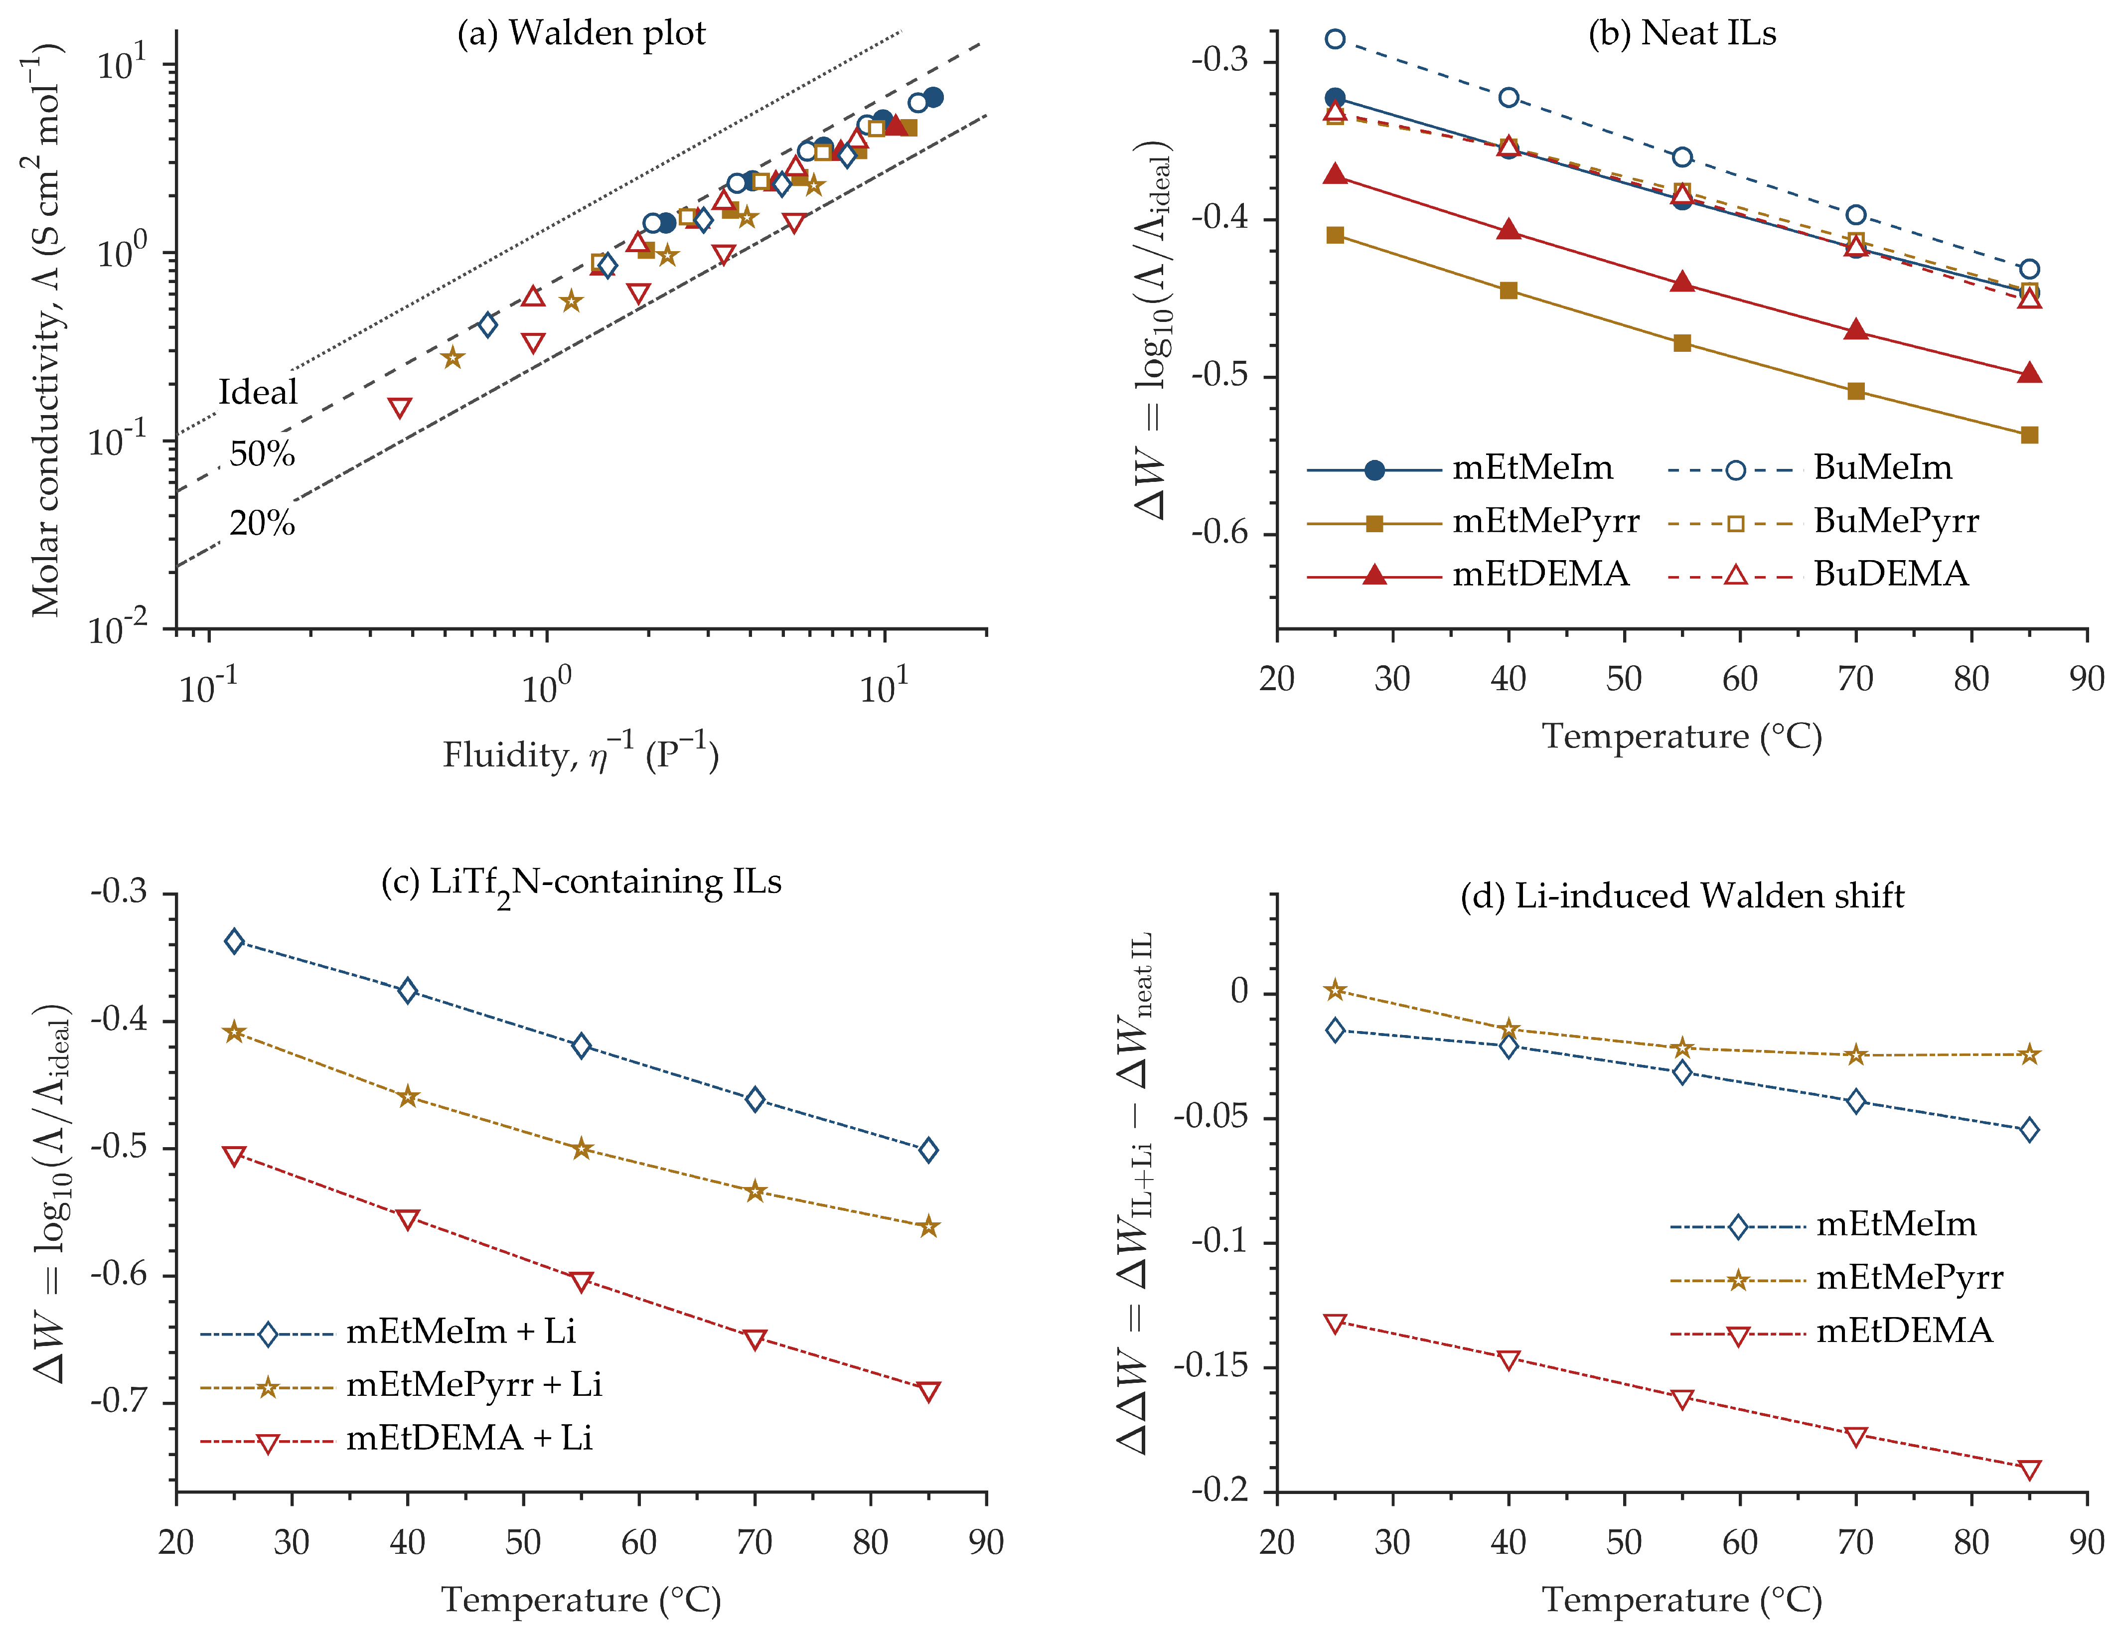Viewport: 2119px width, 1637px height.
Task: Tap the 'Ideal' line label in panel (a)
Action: click(258, 392)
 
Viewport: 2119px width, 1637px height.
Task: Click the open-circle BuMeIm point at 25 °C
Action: click(1335, 39)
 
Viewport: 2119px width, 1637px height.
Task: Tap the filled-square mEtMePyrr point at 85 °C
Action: click(2030, 435)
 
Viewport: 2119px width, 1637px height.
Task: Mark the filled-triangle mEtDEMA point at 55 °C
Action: click(1682, 283)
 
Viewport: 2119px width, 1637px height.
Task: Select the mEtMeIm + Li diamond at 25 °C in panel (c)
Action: click(234, 941)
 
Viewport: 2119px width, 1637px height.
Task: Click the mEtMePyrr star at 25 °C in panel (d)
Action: click(1335, 990)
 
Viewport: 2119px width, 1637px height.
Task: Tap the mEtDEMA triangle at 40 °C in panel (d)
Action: click(1509, 1359)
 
